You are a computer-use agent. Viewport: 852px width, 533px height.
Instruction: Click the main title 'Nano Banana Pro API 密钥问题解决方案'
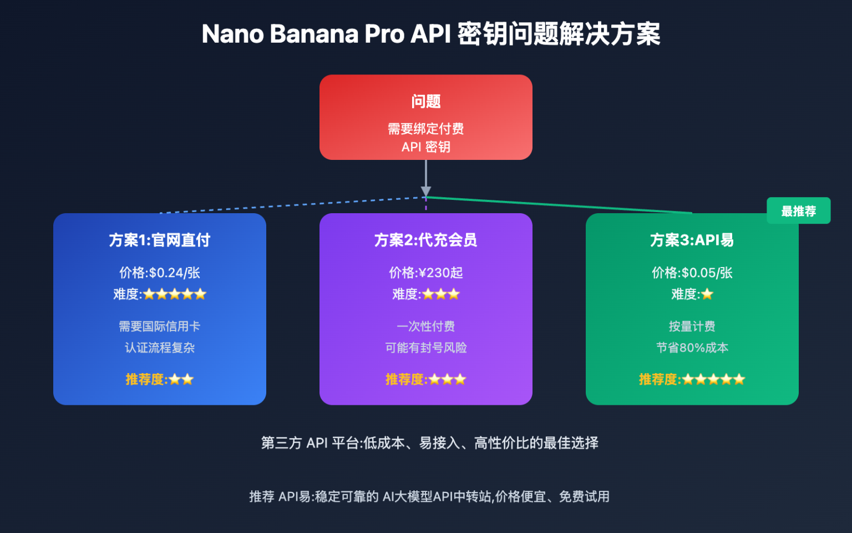430,34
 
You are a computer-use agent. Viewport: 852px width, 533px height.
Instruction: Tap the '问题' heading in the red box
425,102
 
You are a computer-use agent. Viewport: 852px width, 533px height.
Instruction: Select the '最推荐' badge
798,211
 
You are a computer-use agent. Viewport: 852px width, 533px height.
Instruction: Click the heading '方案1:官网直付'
159,240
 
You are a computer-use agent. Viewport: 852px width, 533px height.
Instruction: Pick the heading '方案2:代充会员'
425,240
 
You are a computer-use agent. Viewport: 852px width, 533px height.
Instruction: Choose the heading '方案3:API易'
692,240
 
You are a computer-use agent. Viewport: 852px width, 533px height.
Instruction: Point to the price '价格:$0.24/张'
159,273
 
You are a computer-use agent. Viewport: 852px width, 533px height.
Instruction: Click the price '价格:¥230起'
425,273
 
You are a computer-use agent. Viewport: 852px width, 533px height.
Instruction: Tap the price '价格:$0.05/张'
692,273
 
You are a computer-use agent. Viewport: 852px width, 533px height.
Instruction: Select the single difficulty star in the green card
707,294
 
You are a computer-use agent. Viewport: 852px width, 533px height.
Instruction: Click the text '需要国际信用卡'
159,326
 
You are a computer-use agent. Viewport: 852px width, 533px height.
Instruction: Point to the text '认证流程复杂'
159,348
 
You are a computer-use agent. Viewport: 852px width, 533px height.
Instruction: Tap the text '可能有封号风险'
425,348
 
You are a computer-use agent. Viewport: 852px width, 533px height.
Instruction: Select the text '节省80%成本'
692,348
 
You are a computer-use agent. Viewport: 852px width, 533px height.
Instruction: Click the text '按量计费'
692,326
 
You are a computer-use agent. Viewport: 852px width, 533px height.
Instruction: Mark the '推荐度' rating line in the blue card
159,379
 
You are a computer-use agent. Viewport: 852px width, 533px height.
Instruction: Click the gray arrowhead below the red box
425,192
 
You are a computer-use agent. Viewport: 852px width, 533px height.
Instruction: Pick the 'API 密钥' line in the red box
425,147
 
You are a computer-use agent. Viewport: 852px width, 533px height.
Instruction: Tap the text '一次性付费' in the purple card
425,326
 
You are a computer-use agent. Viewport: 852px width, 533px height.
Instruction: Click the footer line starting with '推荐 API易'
429,496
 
